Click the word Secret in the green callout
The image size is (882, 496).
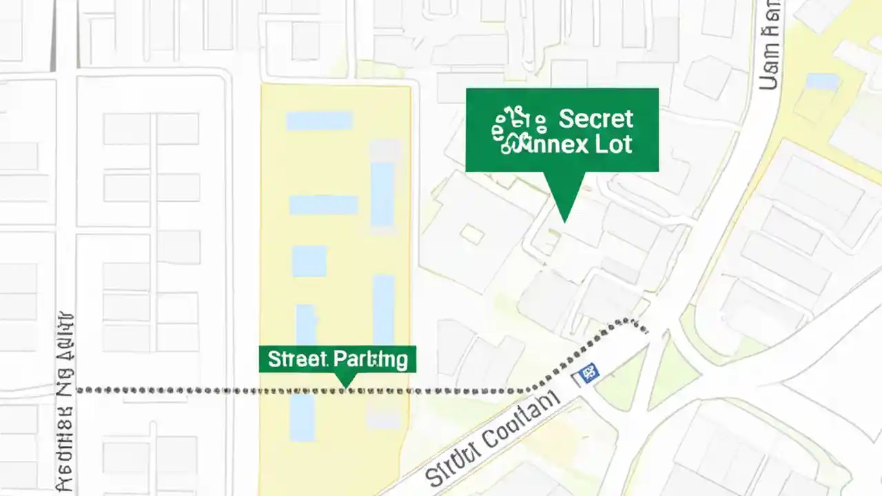tap(595, 119)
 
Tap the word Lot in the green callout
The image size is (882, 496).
tap(615, 145)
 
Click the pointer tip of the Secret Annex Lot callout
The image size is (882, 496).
tap(565, 221)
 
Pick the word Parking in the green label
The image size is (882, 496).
tap(369, 359)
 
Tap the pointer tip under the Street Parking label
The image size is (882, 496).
tap(345, 386)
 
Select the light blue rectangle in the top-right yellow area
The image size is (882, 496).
tap(822, 82)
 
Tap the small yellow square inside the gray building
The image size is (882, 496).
tap(472, 234)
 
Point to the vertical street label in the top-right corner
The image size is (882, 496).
tap(770, 45)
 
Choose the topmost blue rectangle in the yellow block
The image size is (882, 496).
tap(319, 121)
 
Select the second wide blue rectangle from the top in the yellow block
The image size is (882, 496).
tap(323, 205)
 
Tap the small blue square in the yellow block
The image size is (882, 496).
tap(309, 261)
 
